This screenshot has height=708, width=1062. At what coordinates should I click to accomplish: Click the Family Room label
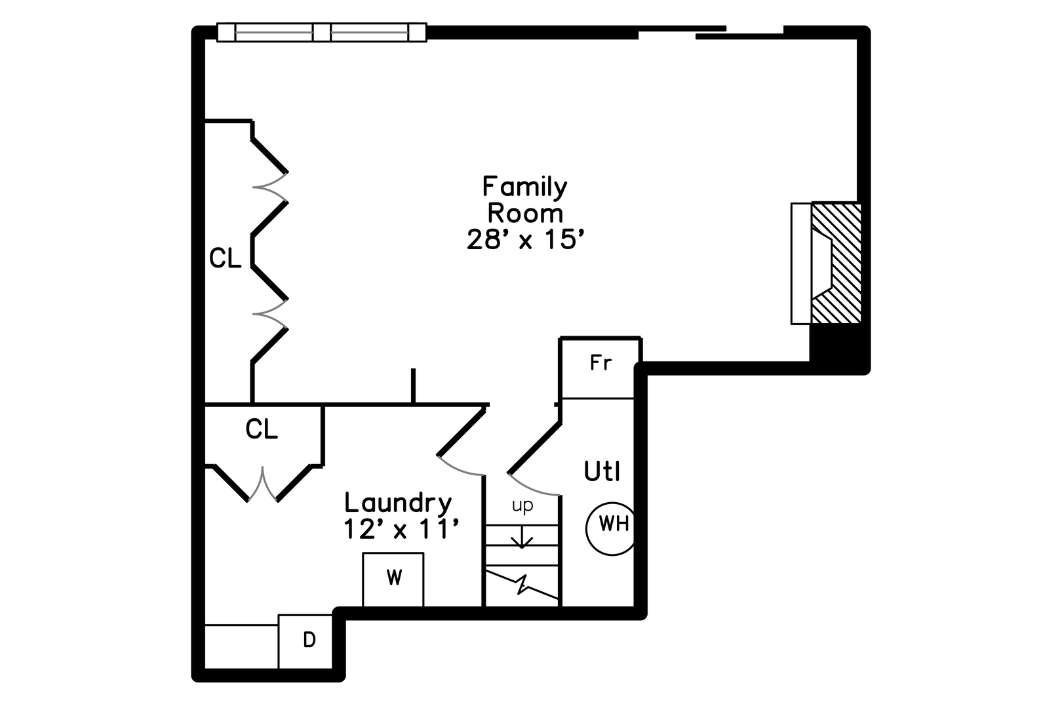525,200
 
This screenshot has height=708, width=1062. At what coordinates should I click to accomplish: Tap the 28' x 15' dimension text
525,239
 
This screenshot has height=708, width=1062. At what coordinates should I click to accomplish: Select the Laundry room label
398,503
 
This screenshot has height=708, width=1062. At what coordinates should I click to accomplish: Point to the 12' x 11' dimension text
401,529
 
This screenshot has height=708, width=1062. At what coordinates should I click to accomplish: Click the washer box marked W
393,579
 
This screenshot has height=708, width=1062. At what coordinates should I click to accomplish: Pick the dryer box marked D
305,641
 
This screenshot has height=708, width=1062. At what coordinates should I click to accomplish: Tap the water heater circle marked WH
611,529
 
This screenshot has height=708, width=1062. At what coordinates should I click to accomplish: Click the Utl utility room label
602,471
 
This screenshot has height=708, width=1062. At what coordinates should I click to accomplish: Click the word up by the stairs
522,506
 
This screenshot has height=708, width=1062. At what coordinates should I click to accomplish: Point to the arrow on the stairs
522,537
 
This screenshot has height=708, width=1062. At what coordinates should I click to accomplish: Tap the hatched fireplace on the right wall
836,264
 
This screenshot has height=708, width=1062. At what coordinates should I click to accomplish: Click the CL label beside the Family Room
226,258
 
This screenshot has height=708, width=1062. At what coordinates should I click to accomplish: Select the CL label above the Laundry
261,429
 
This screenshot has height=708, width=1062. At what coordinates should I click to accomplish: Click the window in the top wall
321,32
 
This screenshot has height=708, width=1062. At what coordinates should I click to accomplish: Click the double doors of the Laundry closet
262,484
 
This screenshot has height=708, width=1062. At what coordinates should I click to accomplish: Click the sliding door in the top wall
711,31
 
